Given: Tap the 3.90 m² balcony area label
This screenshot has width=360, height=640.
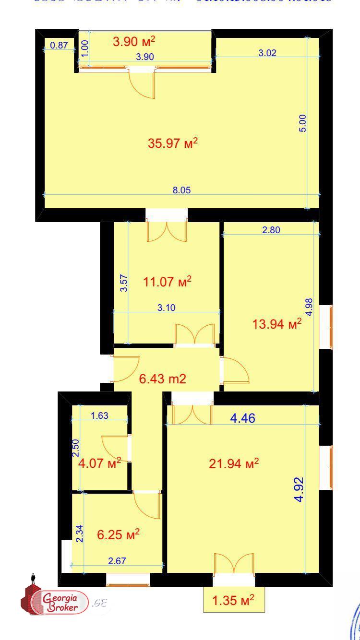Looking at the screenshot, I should tap(134, 41).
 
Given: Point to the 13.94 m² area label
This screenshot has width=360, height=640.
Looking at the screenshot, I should tap(277, 324).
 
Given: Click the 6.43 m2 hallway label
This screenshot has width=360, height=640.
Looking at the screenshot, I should tap(162, 379).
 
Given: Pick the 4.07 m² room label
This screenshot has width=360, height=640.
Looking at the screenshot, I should tap(99, 464).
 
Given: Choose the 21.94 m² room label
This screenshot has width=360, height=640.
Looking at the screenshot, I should tap(234, 463).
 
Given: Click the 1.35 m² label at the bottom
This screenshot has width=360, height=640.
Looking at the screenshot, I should tap(233, 600).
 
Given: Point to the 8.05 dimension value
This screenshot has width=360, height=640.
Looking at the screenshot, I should tap(182, 190).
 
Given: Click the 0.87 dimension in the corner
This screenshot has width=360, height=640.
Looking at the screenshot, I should tap(59, 46).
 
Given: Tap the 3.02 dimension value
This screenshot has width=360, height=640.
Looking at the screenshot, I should tap(267, 53).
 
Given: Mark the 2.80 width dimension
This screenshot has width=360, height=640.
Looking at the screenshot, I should tap(271, 230).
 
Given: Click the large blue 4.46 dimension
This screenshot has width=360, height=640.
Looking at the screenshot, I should tap(242, 418).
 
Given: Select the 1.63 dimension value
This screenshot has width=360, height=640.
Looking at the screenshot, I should tap(99, 415).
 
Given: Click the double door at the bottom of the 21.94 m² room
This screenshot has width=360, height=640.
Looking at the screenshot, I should tap(234, 563).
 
